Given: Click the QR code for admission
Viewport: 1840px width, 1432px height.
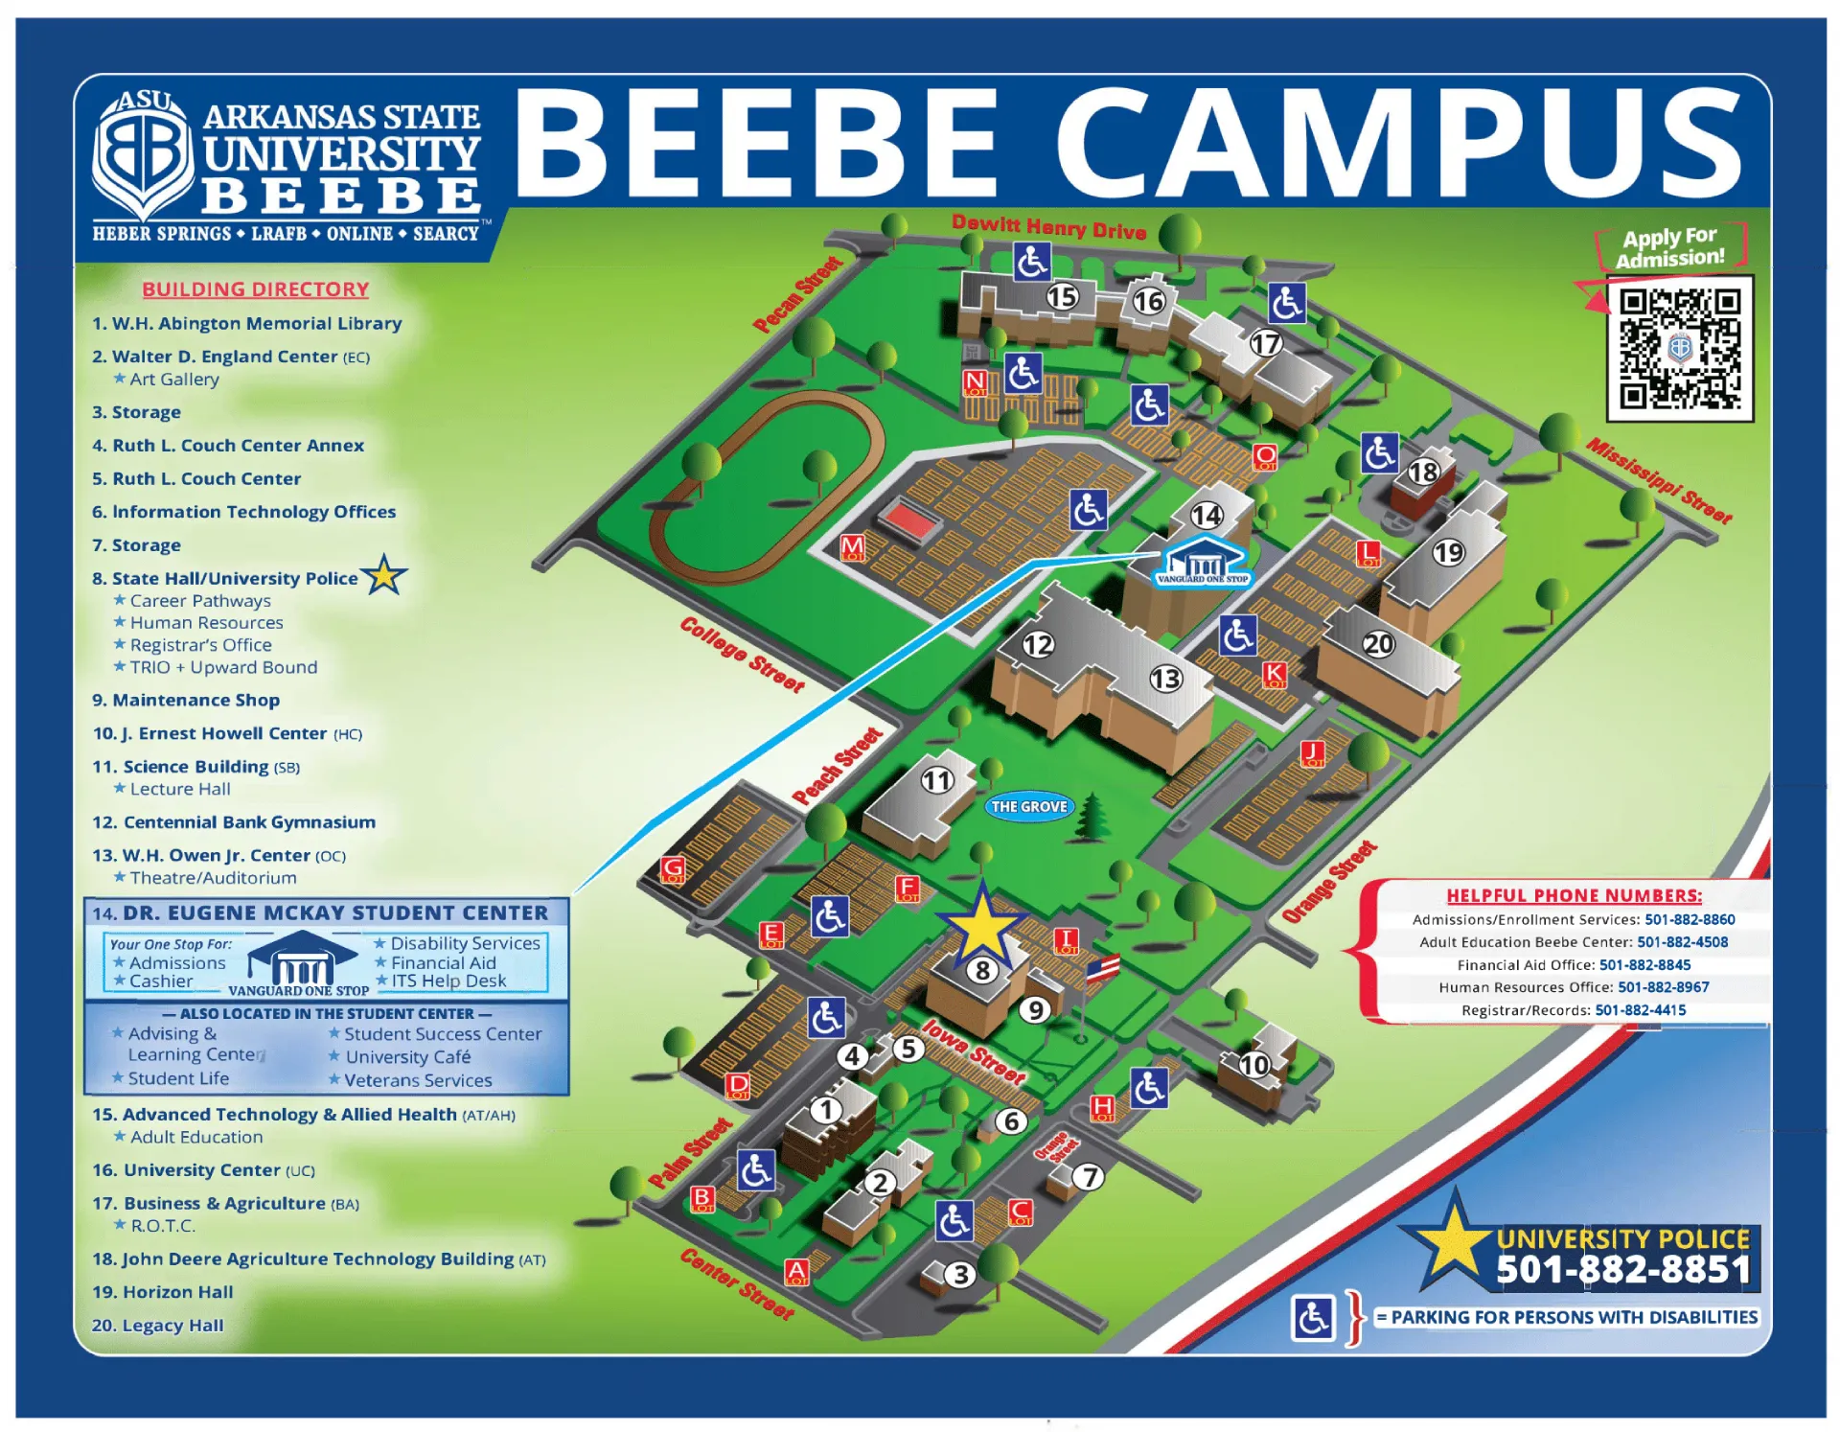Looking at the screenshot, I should coord(1679,349).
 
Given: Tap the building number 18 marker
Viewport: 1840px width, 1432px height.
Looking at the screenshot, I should coord(1423,472).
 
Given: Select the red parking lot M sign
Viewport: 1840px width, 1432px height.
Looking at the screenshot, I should coord(852,547).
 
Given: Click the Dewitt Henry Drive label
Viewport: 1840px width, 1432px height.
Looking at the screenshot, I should coord(1048,226).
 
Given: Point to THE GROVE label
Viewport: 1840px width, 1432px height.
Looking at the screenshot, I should coord(1029,806).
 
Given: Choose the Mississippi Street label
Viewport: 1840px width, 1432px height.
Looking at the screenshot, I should coord(1659,480).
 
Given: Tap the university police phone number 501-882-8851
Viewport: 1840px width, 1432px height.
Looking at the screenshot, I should coord(1623,1269).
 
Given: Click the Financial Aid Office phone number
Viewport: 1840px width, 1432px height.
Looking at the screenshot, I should coord(1644,965).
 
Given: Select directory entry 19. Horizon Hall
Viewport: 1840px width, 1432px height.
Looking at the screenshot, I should coord(163,1292).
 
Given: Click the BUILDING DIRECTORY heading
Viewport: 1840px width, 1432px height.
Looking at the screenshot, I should coord(256,289).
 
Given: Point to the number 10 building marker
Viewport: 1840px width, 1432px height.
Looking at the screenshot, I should coord(1253,1065).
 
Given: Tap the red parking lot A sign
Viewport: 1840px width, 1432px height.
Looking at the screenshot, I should coord(796,1272).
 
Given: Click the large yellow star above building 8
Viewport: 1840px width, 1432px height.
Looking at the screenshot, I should coord(982,926).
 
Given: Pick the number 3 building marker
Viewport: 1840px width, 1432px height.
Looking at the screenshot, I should coord(960,1275).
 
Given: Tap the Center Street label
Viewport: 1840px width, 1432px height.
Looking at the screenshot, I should coord(737,1284).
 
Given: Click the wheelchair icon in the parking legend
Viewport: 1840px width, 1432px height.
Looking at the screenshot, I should coord(1312,1318).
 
